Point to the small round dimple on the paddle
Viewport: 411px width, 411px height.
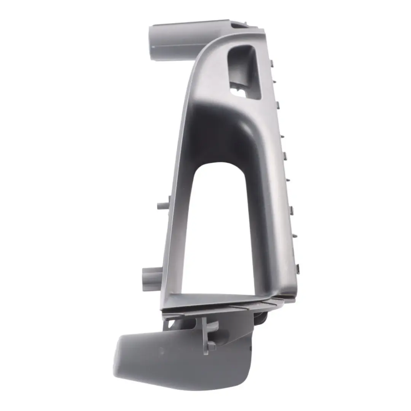161,350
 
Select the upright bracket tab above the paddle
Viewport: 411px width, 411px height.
208,331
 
